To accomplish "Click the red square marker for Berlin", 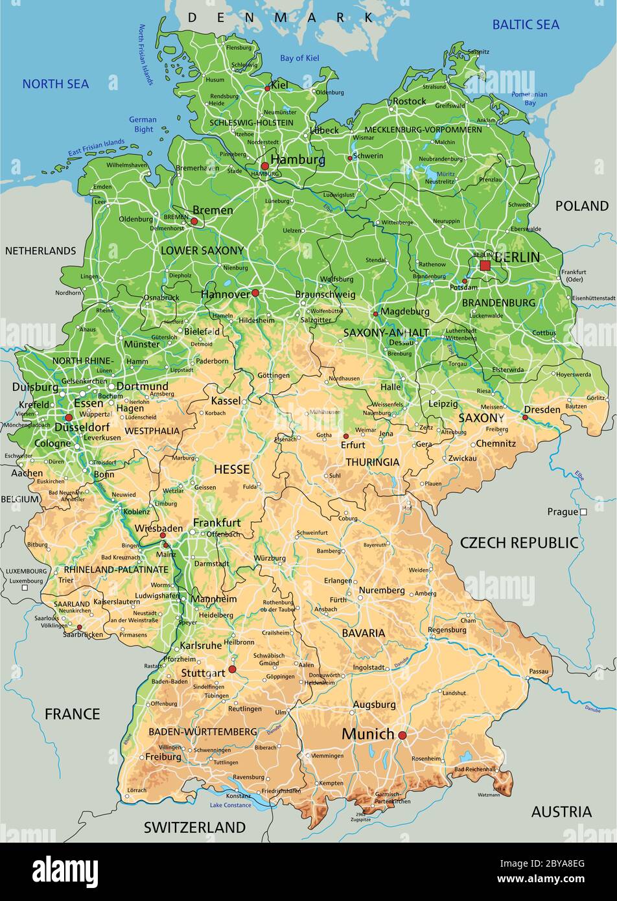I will (485, 266).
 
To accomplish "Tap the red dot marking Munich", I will (402, 735).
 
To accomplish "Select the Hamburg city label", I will (297, 159).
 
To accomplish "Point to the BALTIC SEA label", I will (526, 25).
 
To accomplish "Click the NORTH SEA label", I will (56, 84).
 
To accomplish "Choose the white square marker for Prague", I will (583, 512).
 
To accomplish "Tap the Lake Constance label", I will (230, 805).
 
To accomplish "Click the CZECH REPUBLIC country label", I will (518, 543).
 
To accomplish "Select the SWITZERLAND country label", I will (194, 827).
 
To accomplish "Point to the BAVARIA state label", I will (364, 633).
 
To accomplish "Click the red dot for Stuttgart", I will (232, 669).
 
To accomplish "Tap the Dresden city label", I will (542, 410).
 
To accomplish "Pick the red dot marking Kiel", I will (267, 89).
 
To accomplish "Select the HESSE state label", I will (231, 469).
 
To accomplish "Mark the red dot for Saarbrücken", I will (79, 627).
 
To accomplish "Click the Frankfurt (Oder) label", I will (572, 275).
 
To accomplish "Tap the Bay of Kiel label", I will (299, 58).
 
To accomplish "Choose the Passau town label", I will (538, 671).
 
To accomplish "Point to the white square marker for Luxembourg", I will (25, 588).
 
